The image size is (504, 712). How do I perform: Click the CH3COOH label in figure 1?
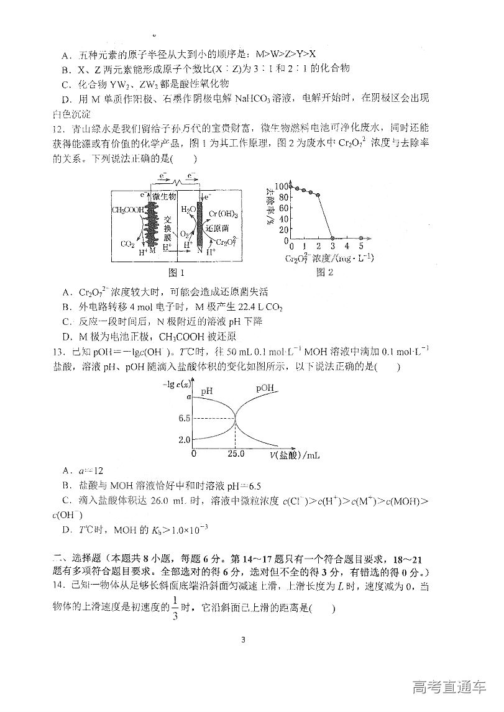(x=127, y=210)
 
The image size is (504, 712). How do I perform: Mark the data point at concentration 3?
(x=332, y=239)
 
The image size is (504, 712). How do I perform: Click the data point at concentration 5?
(x=361, y=239)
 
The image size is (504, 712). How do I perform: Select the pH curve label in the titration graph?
(x=207, y=391)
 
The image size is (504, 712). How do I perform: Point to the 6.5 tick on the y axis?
(x=183, y=418)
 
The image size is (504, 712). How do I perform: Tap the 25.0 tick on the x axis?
(x=236, y=454)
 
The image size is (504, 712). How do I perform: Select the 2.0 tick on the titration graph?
(x=183, y=439)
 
